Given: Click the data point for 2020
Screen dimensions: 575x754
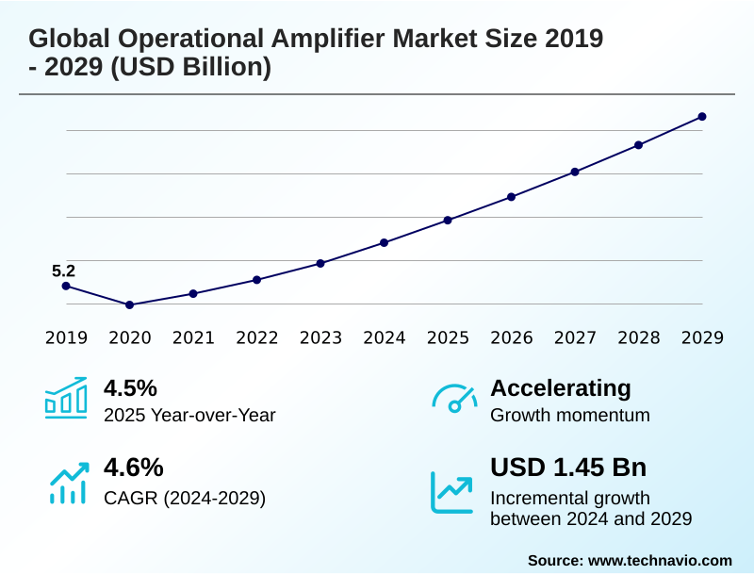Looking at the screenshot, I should point(130,304).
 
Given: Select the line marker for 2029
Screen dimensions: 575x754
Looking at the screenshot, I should point(702,117).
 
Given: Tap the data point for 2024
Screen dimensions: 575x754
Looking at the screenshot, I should point(385,242).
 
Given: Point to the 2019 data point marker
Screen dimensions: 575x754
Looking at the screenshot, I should point(66,286).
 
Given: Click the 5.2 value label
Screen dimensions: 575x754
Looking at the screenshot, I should point(63,271).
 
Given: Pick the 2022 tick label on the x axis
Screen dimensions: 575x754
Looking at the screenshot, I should point(256,337).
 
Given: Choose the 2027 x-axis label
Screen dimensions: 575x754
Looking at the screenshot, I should point(575,337).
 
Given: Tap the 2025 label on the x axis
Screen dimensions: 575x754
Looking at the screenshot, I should point(448,337).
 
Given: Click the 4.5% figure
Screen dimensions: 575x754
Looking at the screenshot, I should point(130,387).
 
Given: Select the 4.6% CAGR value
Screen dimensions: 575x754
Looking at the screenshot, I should point(133,468).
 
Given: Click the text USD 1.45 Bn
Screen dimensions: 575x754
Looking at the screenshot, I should point(568,468).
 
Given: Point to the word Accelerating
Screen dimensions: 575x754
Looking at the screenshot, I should point(561,387).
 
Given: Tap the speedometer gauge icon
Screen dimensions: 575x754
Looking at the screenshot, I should point(454,398).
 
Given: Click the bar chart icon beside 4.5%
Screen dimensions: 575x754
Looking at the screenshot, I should point(66,398).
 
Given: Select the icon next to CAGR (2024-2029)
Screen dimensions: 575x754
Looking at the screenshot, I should point(68,482).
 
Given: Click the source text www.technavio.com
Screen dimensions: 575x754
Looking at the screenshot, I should point(660,560).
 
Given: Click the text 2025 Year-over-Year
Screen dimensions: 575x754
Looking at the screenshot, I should point(189,415).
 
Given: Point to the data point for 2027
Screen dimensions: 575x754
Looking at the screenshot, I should point(575,172).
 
